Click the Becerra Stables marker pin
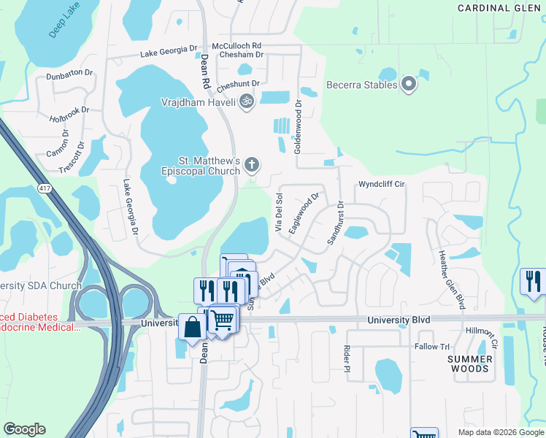pyautogui.click(x=409, y=85)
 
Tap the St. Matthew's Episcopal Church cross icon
pyautogui.click(x=252, y=164)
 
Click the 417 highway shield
pyautogui.click(x=44, y=188)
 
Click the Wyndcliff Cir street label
pyautogui.click(x=380, y=185)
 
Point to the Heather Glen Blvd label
pyautogui.click(x=450, y=280)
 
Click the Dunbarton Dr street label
pyautogui.click(x=69, y=74)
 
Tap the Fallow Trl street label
pyautogui.click(x=432, y=347)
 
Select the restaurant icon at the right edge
pyautogui.click(x=532, y=281)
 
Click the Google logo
pyautogui.click(x=24, y=429)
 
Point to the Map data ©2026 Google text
pyautogui.click(x=500, y=432)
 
